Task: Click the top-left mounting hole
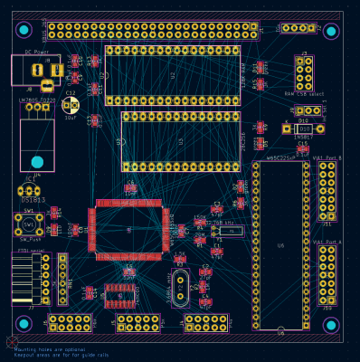click(24, 30)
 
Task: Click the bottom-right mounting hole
click(331, 325)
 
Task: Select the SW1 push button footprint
click(28, 223)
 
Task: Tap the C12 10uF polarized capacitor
click(71, 105)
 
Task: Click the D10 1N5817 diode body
click(304, 129)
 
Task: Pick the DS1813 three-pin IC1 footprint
click(29, 191)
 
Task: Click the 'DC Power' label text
click(36, 52)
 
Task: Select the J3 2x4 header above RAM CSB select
click(304, 72)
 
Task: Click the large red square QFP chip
click(128, 231)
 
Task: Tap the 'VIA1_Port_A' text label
click(327, 243)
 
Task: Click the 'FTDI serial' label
click(30, 250)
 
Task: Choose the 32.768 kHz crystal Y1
click(231, 232)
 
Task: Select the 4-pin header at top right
click(298, 28)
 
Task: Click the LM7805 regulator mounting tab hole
click(36, 144)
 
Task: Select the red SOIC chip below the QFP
click(119, 292)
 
